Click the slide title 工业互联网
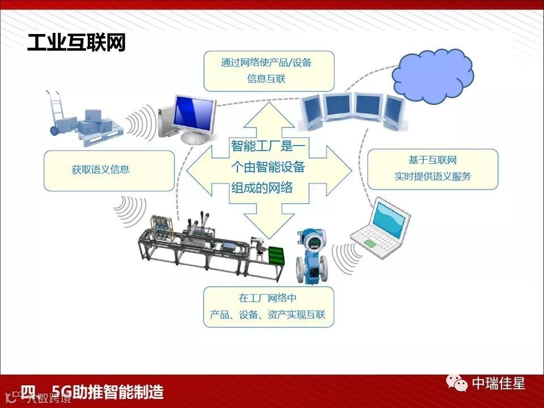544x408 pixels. click(x=76, y=43)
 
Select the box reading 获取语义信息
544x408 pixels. click(x=109, y=170)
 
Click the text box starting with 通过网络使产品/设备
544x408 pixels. click(x=269, y=71)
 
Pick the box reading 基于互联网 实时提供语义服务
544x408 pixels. click(x=432, y=169)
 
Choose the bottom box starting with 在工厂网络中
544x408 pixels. click(x=269, y=307)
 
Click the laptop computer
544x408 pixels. click(x=378, y=229)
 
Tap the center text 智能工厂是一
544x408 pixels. click(x=269, y=146)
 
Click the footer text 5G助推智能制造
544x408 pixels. click(x=108, y=392)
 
